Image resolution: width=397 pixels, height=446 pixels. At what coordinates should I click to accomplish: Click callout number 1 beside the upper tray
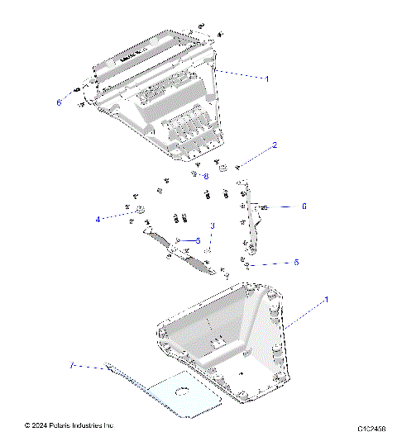tap(266, 78)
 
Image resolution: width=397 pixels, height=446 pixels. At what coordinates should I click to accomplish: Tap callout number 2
tap(275, 145)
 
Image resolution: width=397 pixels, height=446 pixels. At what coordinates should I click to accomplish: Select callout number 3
tap(213, 225)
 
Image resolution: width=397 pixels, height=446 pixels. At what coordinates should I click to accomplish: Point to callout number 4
tap(98, 219)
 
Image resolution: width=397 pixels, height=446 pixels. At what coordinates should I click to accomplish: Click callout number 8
tap(206, 176)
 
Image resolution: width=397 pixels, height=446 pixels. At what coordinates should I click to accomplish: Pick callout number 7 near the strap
tap(72, 364)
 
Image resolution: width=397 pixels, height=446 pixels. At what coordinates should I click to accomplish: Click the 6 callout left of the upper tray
tap(59, 102)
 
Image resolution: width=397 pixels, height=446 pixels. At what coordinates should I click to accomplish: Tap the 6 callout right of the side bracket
tap(304, 206)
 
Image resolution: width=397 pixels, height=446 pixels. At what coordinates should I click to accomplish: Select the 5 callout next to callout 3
tap(198, 240)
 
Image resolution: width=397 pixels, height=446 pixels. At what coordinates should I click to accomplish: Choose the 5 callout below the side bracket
tap(296, 262)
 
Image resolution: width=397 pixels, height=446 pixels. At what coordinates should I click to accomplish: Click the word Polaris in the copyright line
tap(69, 425)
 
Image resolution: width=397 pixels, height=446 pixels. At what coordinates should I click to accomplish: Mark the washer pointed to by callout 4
tap(139, 208)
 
